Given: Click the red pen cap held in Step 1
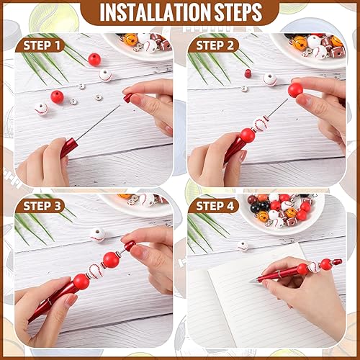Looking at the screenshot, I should pos(127,96).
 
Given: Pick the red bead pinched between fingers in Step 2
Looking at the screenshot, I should pos(294,90).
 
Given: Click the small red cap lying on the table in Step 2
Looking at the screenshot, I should pos(246,73).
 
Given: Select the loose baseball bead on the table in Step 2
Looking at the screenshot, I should pos(270,79).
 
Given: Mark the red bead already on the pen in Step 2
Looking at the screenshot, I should pos(247,135).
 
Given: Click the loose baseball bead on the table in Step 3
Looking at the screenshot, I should pos(98,234).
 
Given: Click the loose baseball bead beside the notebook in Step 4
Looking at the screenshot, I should pos(243,246).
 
